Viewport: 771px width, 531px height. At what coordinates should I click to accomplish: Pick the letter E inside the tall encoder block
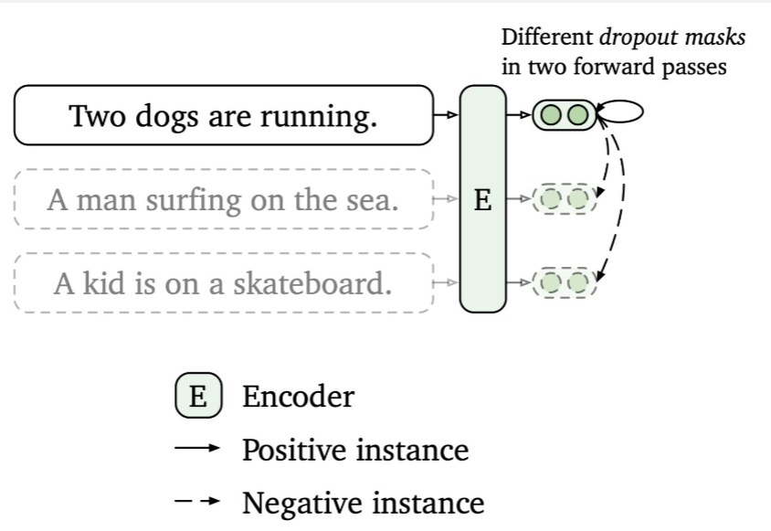pyautogui.click(x=482, y=200)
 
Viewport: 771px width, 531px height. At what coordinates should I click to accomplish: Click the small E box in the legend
pyautogui.click(x=198, y=397)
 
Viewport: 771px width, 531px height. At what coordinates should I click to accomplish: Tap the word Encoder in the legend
pyautogui.click(x=298, y=397)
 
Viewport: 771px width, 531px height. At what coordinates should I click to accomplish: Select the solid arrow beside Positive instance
pyautogui.click(x=198, y=449)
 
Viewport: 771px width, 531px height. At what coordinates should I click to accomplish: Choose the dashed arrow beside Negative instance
pyautogui.click(x=198, y=502)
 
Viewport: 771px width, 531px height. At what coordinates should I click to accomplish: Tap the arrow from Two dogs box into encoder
pyautogui.click(x=446, y=115)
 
